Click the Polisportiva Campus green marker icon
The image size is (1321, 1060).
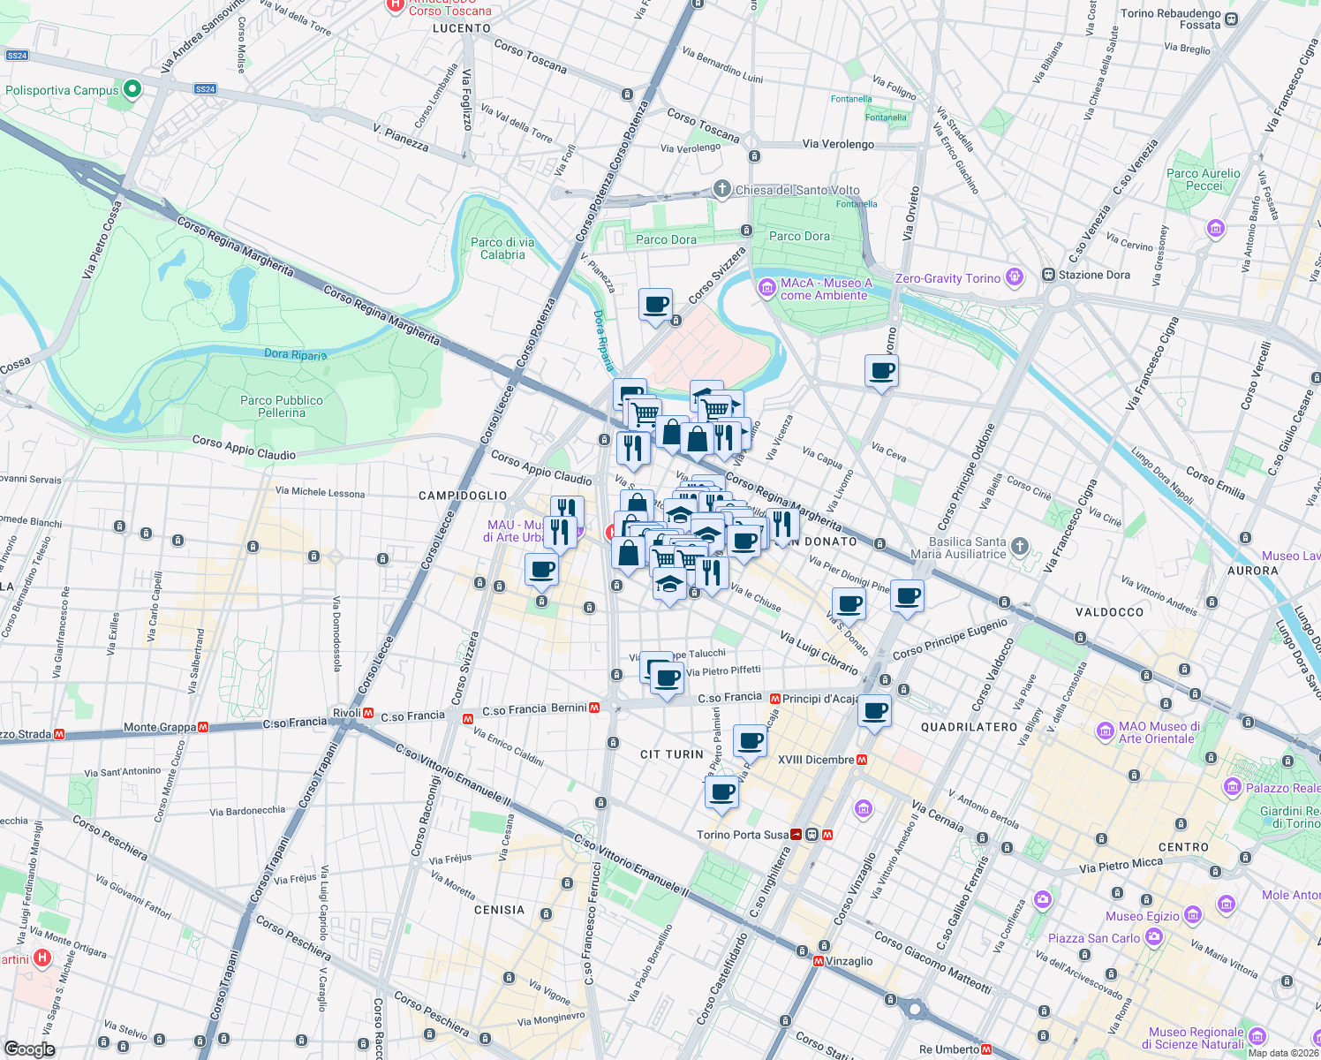pos(132,89)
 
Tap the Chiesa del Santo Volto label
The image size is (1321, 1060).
pos(797,190)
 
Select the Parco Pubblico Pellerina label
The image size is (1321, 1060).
pos(282,406)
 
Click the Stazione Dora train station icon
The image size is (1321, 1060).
pos(1048,275)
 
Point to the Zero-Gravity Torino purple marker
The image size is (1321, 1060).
pos(1015,278)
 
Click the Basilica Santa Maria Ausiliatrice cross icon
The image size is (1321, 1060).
pos(1020,546)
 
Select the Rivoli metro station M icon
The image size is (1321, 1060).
pos(369,713)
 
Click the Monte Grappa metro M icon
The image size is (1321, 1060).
pos(203,727)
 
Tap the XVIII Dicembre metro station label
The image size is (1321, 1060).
pos(816,760)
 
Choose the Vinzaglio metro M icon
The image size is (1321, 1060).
pos(819,961)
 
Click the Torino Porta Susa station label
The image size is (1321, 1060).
pos(743,835)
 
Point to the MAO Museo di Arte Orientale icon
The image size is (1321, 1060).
pos(1105,731)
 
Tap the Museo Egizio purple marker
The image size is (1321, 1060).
pos(1193,914)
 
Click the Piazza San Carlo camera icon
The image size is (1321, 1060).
pos(1153,937)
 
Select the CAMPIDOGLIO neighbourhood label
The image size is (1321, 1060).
pos(463,496)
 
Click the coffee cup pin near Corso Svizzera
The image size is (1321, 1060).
pos(655,306)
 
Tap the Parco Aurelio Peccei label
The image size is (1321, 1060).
pos(1204,179)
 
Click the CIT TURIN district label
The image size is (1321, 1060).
pos(672,754)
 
